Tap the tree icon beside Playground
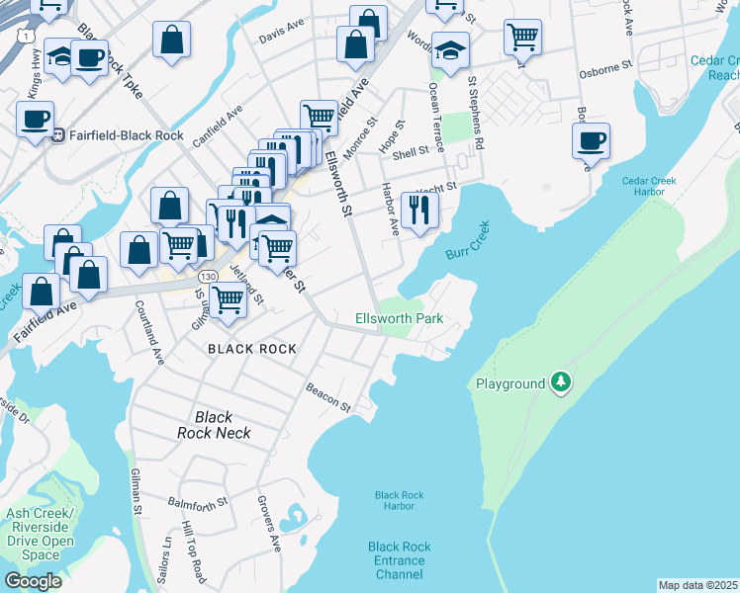(x=561, y=382)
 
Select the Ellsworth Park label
(x=399, y=318)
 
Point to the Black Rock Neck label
(x=214, y=425)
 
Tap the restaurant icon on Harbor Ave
(x=419, y=210)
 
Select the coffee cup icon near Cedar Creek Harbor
(x=591, y=140)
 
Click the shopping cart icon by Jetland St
(x=229, y=297)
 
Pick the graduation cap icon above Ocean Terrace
(x=450, y=50)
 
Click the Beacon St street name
(x=327, y=398)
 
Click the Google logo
(x=33, y=581)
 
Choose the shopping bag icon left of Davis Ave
(x=171, y=40)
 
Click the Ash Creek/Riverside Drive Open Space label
(x=40, y=534)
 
